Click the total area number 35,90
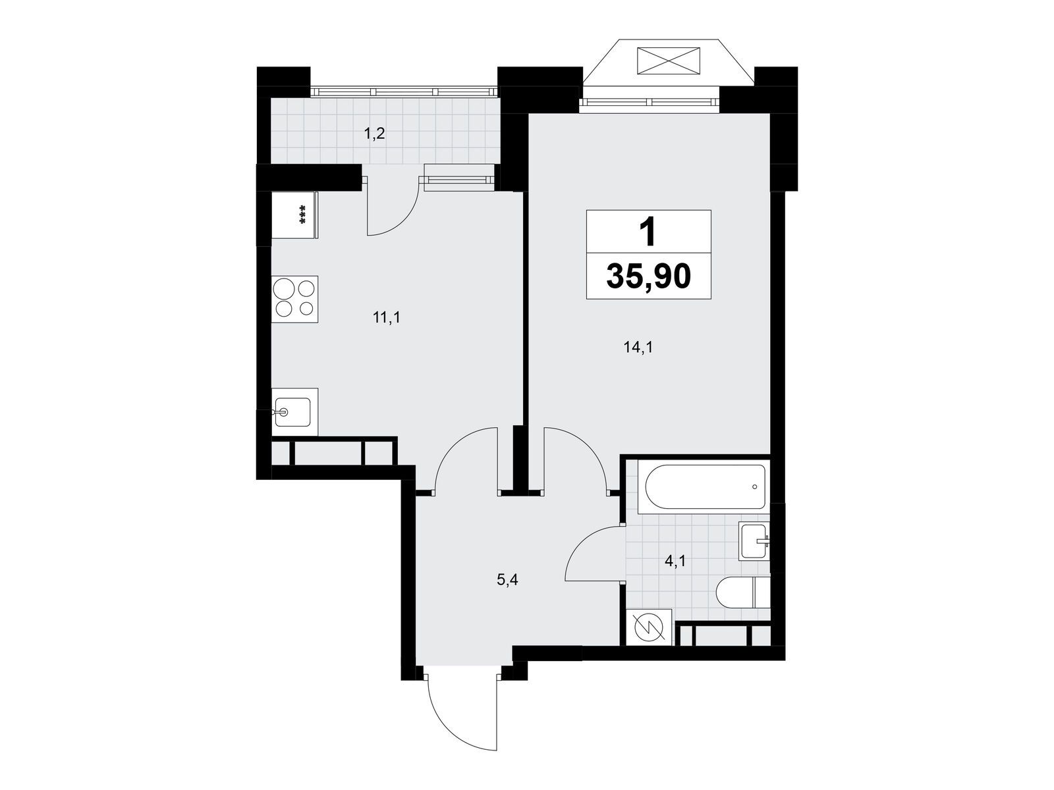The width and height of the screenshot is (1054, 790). (x=648, y=276)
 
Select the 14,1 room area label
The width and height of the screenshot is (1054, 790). (x=638, y=348)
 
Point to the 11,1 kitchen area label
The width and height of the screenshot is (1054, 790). (x=387, y=317)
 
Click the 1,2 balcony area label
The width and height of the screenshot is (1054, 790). (x=374, y=134)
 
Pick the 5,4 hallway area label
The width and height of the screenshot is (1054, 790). (x=507, y=580)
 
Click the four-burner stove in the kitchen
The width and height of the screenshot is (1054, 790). (x=295, y=299)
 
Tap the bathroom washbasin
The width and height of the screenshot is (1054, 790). (x=755, y=540)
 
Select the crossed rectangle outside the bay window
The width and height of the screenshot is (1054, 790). (x=668, y=61)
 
